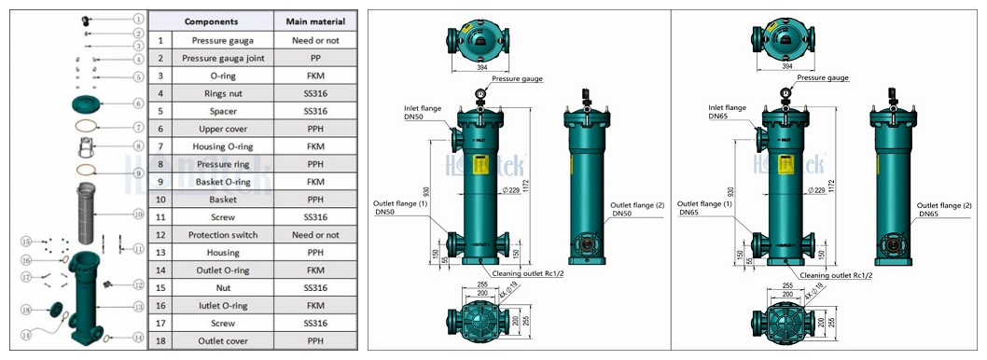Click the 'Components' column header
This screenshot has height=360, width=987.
210,21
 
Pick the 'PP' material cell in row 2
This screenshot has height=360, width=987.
315,58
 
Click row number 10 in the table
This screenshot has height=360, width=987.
160,200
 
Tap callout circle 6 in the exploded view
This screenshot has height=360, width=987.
137,104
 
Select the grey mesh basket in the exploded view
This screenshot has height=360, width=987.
91,215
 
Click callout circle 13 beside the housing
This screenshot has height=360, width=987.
137,305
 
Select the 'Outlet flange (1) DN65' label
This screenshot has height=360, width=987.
705,208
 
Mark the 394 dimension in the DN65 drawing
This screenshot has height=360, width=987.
787,67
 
